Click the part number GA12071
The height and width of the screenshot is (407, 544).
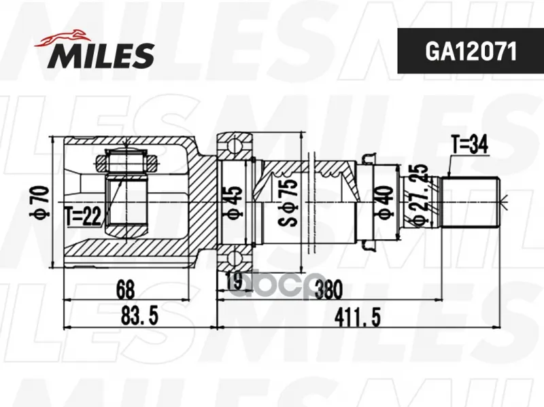tap(471, 52)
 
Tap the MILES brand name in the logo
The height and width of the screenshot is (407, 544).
tap(101, 56)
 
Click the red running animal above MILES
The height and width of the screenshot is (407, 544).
tap(62, 37)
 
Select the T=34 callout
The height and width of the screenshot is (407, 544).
tap(469, 145)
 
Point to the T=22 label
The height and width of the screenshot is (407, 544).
tap(83, 217)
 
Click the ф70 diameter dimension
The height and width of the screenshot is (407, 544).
tap(39, 201)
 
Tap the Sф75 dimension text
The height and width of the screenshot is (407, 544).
tap(288, 202)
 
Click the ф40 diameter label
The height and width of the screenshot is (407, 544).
tap(385, 202)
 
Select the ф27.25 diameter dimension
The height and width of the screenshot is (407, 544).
tap(419, 195)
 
